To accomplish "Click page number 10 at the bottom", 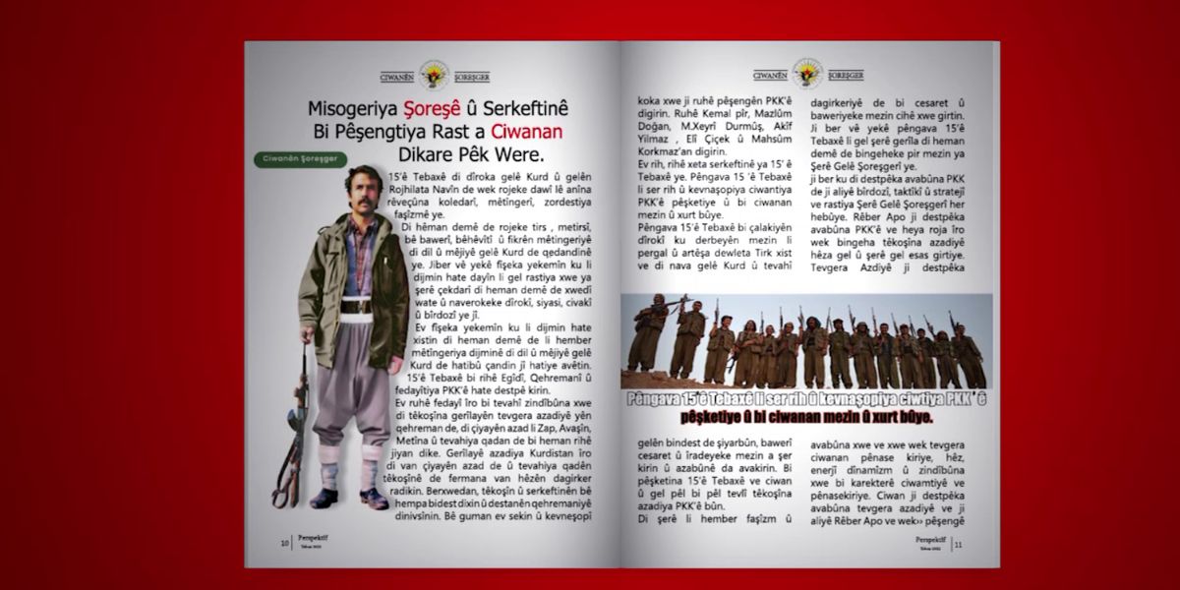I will [x=284, y=543].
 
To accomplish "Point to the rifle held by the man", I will [x=287, y=433].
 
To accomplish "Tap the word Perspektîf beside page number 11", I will [x=929, y=538].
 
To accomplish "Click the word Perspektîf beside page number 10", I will [x=312, y=539].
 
